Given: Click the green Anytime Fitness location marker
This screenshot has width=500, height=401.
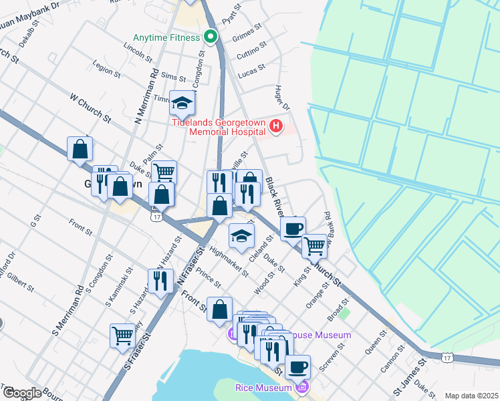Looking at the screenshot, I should click(212, 37).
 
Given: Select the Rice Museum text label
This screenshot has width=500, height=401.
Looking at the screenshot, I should click(263, 388).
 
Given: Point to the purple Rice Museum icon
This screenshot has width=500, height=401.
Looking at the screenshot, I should click(301, 387).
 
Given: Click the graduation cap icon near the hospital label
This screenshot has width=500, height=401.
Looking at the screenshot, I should click(182, 104).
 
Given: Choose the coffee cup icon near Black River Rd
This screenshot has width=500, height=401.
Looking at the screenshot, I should click(292, 229).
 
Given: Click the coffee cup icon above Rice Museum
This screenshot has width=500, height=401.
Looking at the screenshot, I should click(297, 367).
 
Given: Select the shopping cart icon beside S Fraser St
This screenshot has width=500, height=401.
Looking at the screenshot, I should click(122, 335).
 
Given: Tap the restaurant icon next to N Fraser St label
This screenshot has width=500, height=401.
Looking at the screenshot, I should click(160, 281).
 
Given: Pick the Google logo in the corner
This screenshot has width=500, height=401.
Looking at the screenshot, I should click(21, 392).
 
